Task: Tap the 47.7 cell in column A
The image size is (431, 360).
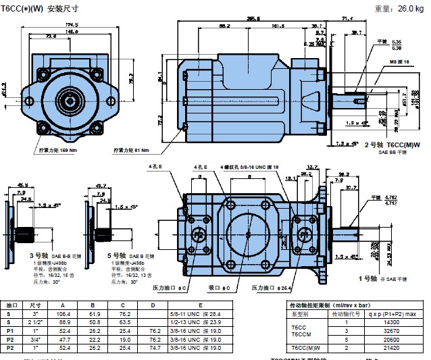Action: (x=65, y=340)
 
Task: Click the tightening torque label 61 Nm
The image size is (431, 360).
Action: (x=132, y=149)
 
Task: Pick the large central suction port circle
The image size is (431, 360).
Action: (x=249, y=234)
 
